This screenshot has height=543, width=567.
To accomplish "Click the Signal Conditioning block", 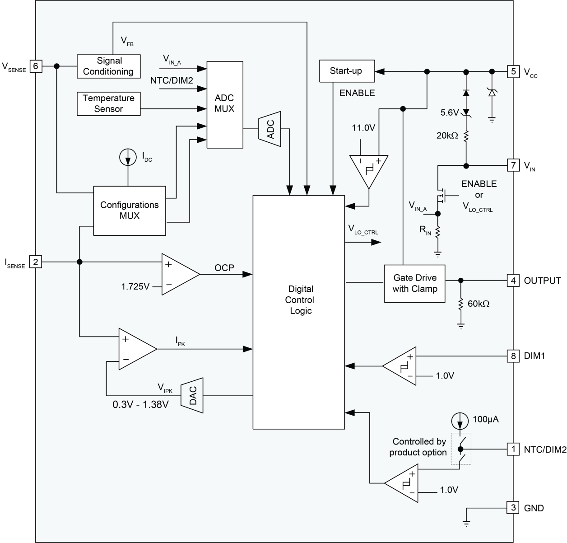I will point(108,66).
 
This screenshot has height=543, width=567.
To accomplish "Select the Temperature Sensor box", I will point(108,103).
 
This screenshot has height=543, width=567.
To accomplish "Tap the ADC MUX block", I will point(224,104).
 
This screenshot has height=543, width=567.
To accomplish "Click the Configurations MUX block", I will point(130,211).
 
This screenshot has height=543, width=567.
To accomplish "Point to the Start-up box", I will point(345,71).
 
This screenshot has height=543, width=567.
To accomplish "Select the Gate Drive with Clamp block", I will point(414,283).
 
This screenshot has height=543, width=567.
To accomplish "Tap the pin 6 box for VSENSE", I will point(36,66).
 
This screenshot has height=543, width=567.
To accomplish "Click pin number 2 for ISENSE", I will point(36,262).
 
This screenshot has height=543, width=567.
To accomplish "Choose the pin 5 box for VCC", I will point(513,71).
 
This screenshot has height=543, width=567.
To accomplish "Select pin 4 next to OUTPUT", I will point(513,281).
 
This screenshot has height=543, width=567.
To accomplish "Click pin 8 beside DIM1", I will point(513,356).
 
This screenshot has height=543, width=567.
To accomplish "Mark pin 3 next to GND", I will point(513,508).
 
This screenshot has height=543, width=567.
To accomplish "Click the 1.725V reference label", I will point(135,286).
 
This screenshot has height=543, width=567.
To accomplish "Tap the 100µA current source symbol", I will point(460,421).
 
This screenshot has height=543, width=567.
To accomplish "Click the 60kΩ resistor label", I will point(479,304).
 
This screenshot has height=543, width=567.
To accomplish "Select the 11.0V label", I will point(363,128).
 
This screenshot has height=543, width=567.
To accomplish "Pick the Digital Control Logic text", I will point(300,300).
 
